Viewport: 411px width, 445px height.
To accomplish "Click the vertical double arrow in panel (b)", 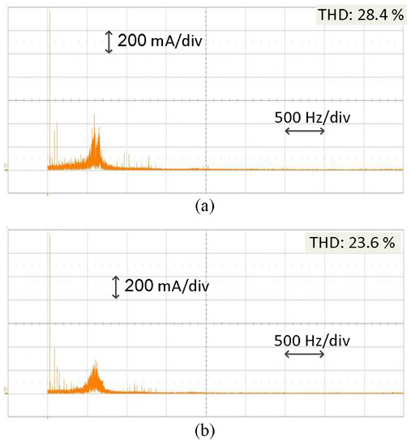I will coord(116,286).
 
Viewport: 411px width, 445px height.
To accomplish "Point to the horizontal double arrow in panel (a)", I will coord(305,130).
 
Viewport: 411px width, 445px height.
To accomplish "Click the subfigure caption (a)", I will coord(205,206).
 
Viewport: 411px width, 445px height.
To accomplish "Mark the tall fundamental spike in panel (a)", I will coord(49,81).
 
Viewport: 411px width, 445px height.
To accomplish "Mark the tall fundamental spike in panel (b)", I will coord(49,307).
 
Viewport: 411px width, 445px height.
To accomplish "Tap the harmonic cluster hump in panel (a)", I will coord(96,150).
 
